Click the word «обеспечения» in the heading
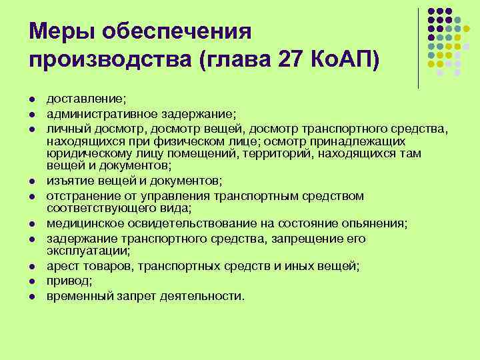(175, 31)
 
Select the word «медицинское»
(80, 223)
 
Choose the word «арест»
(60, 266)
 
